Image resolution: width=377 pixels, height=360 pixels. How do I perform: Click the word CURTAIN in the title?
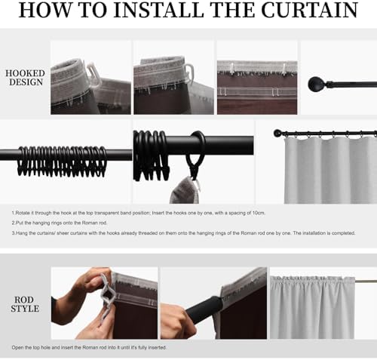tap(309, 10)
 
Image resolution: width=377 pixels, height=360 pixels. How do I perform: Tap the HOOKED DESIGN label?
tap(26, 78)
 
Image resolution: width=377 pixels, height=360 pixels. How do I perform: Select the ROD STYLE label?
tap(24, 304)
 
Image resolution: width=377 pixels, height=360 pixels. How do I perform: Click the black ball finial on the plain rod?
tap(314, 85)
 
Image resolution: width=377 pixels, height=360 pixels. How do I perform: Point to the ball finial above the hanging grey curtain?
tap(277, 133)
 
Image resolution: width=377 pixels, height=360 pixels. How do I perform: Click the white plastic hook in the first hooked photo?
tap(93, 73)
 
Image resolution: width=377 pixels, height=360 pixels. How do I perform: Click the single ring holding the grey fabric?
tap(198, 143)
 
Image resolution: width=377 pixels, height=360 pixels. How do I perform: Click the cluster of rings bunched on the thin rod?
tap(62, 161)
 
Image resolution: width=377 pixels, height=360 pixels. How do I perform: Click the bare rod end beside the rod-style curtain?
tap(366, 281)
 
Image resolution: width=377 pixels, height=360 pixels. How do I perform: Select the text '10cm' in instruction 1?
tap(259, 213)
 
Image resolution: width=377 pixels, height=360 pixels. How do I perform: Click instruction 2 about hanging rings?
tap(60, 223)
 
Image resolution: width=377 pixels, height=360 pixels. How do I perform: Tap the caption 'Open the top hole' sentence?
tap(89, 348)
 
